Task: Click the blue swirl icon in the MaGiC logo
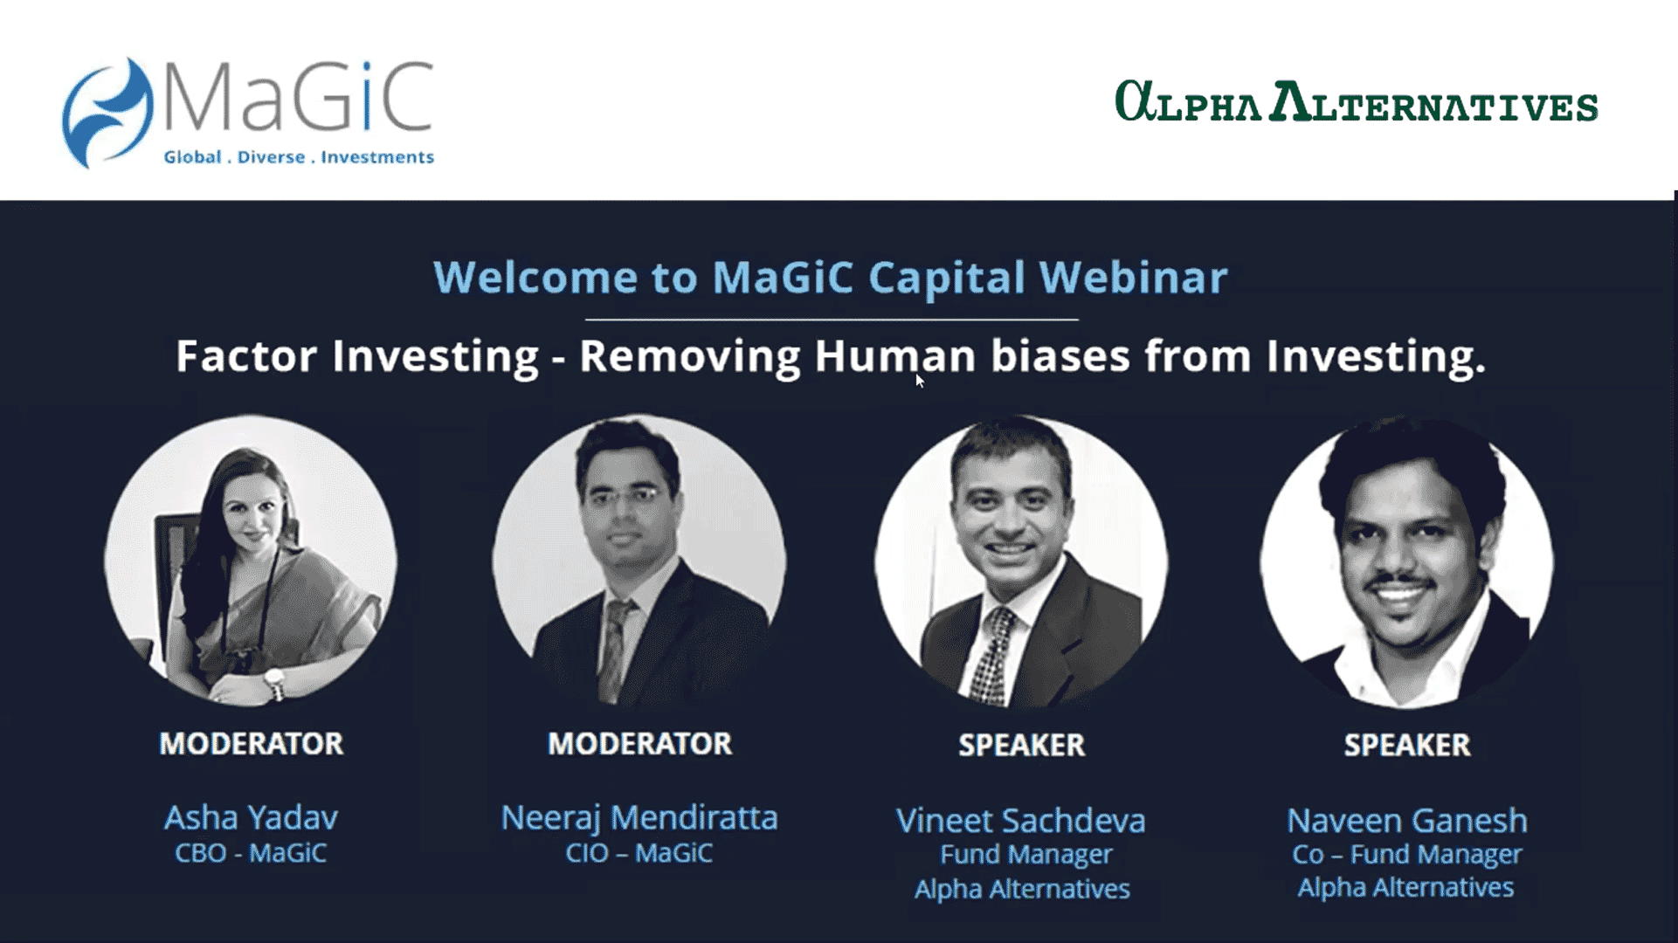107,112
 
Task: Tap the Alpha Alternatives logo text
1357,102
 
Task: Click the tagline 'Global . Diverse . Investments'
299,157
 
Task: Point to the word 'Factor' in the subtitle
246,356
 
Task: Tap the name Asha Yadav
251,818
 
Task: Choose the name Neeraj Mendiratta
639,818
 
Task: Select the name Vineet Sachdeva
1021,821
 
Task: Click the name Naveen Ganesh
1407,821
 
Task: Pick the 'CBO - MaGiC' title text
251,853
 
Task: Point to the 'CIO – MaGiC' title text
639,853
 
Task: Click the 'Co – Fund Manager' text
1407,855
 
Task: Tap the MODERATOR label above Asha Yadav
252,744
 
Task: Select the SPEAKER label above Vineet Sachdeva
1022,746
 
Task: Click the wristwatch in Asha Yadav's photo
275,682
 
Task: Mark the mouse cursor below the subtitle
919,380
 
